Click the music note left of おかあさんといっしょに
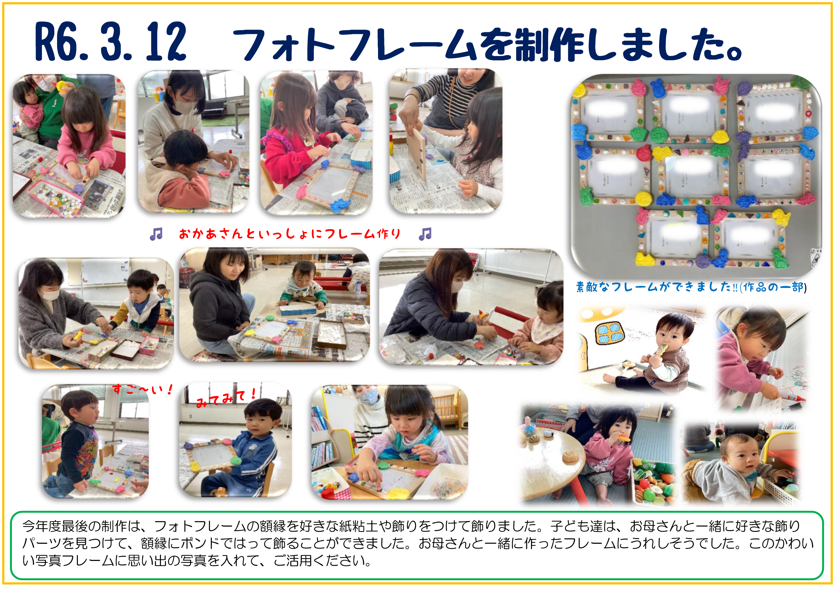click(156, 234)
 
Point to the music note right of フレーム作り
click(425, 234)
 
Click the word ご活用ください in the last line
click(322, 560)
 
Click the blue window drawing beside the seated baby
click(609, 333)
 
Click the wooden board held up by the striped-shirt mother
click(417, 152)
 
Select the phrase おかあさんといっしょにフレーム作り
click(290, 234)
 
